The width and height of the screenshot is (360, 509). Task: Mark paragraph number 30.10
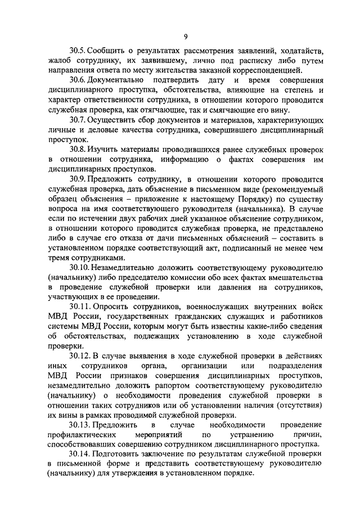(80, 268)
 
